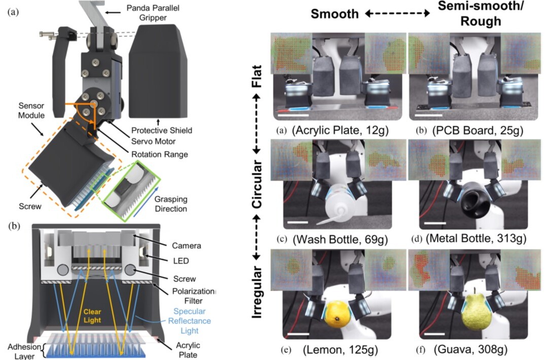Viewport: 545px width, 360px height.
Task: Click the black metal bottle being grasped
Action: (x=472, y=206)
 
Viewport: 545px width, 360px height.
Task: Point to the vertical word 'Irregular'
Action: (x=258, y=292)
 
